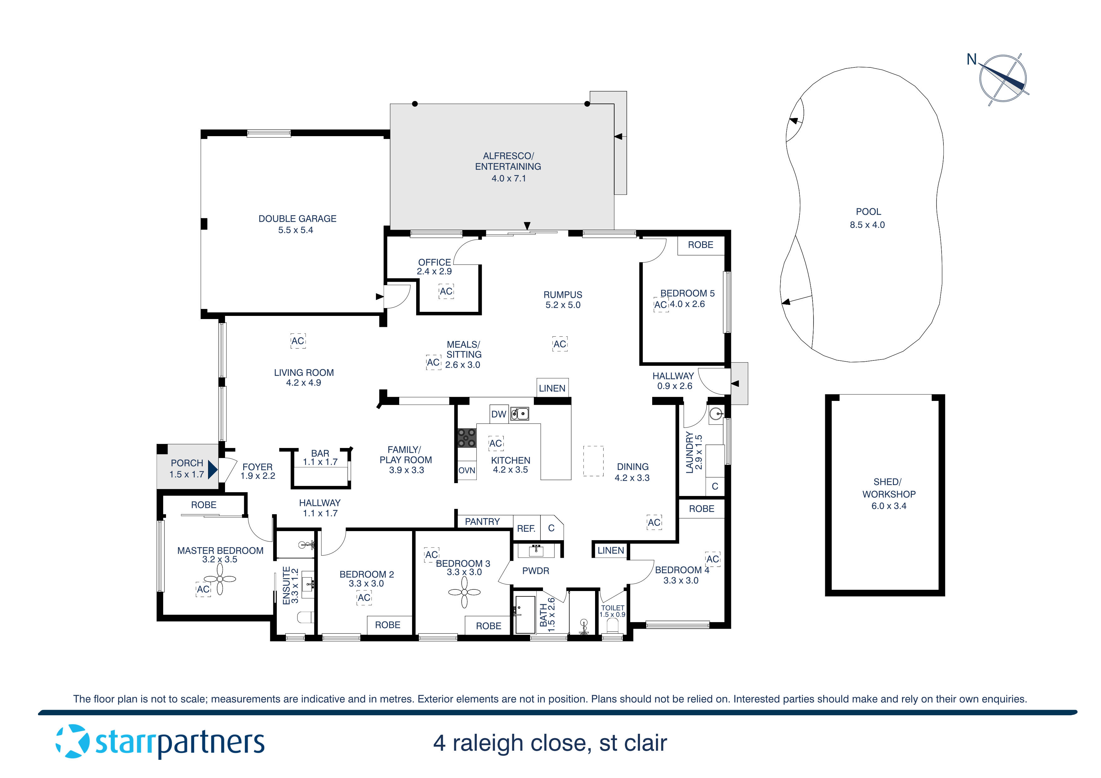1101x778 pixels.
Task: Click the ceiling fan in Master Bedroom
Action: coord(220,579)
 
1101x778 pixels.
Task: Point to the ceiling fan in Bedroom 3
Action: coord(464,593)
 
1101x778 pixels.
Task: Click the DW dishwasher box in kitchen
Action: coord(499,414)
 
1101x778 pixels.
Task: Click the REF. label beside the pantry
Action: coord(526,529)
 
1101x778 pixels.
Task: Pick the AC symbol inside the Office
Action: coord(446,291)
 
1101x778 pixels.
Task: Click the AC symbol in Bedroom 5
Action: coord(661,305)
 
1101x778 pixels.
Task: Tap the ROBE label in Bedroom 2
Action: coord(388,625)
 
